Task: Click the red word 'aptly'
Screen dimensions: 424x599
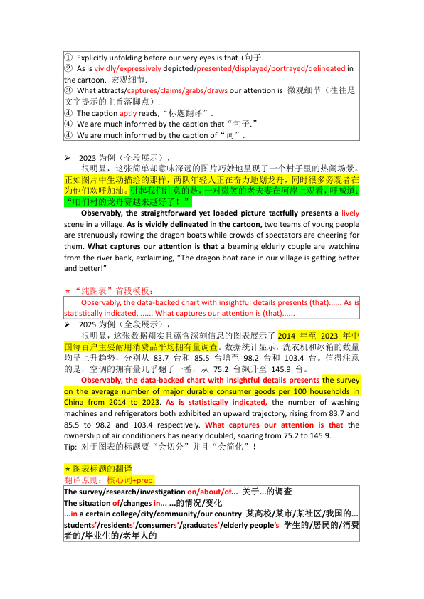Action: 128,113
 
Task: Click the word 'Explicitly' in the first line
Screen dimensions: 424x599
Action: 95,57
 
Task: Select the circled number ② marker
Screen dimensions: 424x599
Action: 68,68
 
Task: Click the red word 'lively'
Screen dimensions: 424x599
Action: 350,213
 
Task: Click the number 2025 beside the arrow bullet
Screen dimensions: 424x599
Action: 87,324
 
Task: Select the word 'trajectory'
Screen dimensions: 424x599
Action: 275,413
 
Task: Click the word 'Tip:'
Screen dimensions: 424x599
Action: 72,447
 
